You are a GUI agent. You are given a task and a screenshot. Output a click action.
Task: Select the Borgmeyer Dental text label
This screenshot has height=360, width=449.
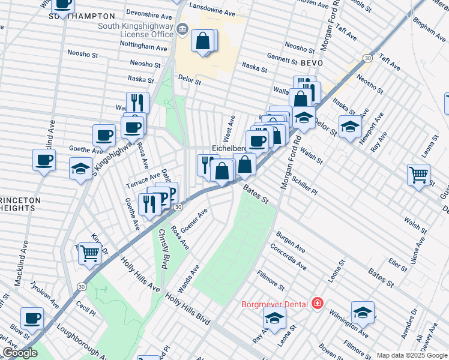point(274,304)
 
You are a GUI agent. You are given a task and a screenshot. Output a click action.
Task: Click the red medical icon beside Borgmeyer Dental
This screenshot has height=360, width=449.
point(316,304)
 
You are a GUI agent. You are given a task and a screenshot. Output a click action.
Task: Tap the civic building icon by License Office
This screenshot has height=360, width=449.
point(181,29)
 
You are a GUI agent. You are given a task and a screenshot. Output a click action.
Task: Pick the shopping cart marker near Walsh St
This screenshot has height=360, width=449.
point(418,175)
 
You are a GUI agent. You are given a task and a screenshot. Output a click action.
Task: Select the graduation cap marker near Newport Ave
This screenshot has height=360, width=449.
point(350,126)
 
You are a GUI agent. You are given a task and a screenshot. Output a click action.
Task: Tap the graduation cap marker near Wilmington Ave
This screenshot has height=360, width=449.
point(363,312)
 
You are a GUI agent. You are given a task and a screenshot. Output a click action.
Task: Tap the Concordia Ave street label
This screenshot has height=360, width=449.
point(288,257)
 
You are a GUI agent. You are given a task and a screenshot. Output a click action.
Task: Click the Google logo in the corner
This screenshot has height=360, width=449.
point(20,353)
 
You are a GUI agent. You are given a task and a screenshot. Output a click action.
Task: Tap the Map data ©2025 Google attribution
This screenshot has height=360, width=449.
point(412,355)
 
